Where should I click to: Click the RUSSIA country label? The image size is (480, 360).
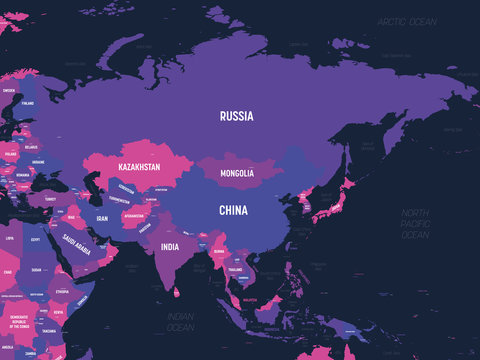click(237, 116)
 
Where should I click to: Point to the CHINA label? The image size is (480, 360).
click(233, 210)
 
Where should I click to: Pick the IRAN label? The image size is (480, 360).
click(101, 217)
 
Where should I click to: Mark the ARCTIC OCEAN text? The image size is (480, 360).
click(406, 21)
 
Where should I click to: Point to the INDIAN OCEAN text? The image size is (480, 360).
click(180, 323)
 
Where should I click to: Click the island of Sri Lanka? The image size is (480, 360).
click(177, 292)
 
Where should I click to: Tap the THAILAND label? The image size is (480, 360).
click(236, 270)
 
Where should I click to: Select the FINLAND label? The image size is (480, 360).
click(28, 102)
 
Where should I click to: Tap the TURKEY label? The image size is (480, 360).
click(49, 199)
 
